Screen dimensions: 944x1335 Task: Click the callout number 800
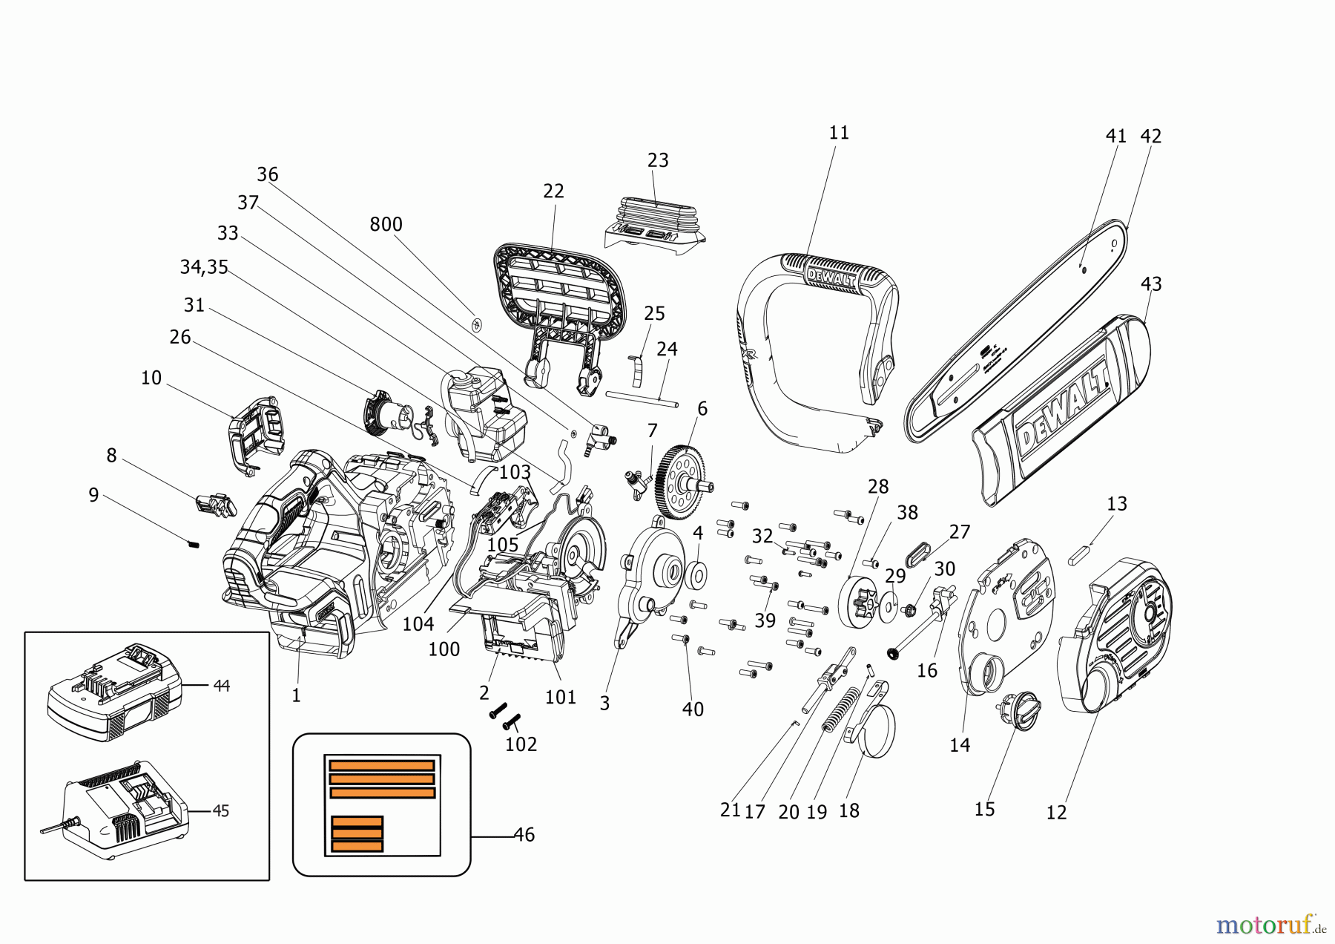(386, 224)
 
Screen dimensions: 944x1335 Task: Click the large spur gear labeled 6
(681, 482)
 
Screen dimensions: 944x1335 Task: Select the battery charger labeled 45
(122, 810)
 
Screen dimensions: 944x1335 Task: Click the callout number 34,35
(204, 267)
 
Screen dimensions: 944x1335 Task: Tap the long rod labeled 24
(642, 399)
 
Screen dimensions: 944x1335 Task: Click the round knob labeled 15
(1021, 711)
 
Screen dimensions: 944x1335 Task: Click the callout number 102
(521, 744)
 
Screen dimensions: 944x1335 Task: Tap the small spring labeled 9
(194, 544)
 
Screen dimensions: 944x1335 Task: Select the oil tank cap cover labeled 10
(256, 435)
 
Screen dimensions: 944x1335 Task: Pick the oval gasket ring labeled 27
(919, 554)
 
